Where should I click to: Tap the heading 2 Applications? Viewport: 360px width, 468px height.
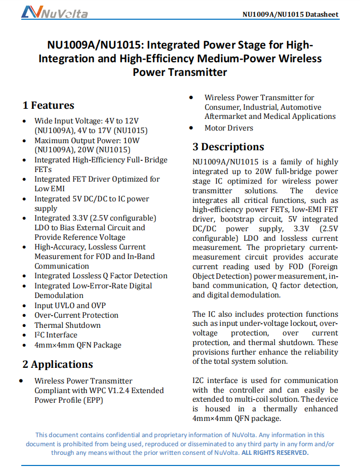[x=57, y=364]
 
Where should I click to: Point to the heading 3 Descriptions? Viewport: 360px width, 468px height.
[x=228, y=147]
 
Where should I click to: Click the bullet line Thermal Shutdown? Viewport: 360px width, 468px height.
[x=67, y=325]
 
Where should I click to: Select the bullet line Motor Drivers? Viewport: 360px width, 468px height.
[x=229, y=128]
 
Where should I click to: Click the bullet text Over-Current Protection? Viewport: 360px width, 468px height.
[x=76, y=315]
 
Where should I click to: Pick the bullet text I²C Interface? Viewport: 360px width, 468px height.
[x=56, y=335]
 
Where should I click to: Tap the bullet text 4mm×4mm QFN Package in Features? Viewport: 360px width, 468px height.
[x=77, y=345]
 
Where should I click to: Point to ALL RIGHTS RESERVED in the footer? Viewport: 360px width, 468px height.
[x=275, y=453]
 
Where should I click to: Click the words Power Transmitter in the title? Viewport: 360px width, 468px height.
[x=180, y=72]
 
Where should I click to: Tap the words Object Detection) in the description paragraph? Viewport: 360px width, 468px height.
[x=223, y=276]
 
